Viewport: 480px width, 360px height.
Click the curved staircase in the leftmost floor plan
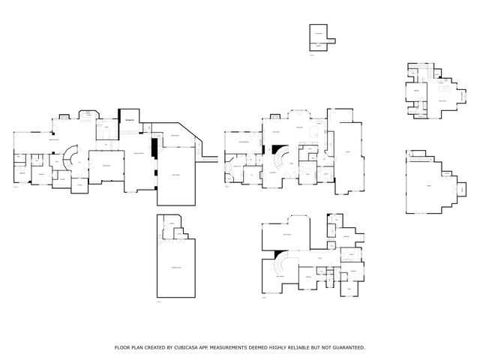[70, 159]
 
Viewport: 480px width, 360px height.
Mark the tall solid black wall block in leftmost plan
[153, 148]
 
